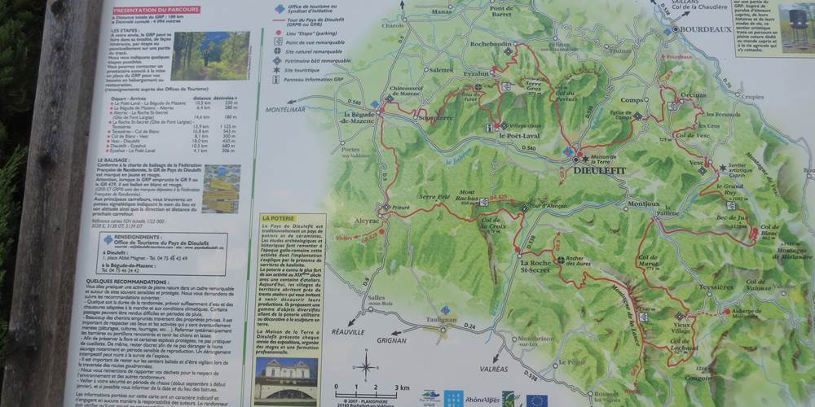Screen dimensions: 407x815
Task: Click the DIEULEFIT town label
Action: tap(600, 172)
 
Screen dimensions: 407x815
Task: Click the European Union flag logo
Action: tap(536, 400)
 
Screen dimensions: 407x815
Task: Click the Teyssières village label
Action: tap(716, 287)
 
